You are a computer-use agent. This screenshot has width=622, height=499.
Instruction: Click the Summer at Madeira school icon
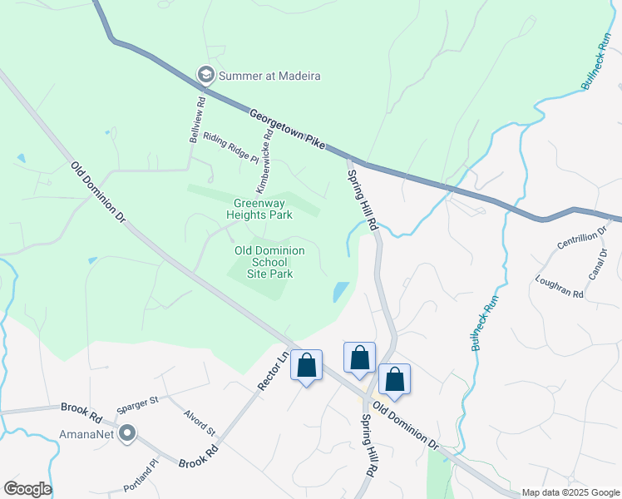tap(205, 76)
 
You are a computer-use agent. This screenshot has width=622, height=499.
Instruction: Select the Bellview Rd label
tap(197, 121)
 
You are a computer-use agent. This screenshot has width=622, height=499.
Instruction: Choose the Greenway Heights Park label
tap(263, 209)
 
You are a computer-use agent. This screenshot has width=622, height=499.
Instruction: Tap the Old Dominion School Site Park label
tap(269, 261)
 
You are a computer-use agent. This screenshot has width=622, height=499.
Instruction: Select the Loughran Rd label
tap(560, 287)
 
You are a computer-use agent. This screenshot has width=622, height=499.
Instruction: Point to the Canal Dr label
tap(598, 265)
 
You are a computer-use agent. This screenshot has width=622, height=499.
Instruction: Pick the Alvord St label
tap(200, 424)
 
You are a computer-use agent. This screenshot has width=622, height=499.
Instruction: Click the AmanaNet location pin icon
tap(127, 432)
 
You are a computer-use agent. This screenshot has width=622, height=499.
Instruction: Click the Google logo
tap(27, 489)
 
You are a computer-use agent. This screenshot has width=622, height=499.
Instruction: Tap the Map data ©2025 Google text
tap(570, 492)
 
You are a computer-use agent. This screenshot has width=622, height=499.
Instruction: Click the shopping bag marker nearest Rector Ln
tap(306, 366)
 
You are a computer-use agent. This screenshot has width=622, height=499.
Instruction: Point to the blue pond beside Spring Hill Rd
tap(341, 292)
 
